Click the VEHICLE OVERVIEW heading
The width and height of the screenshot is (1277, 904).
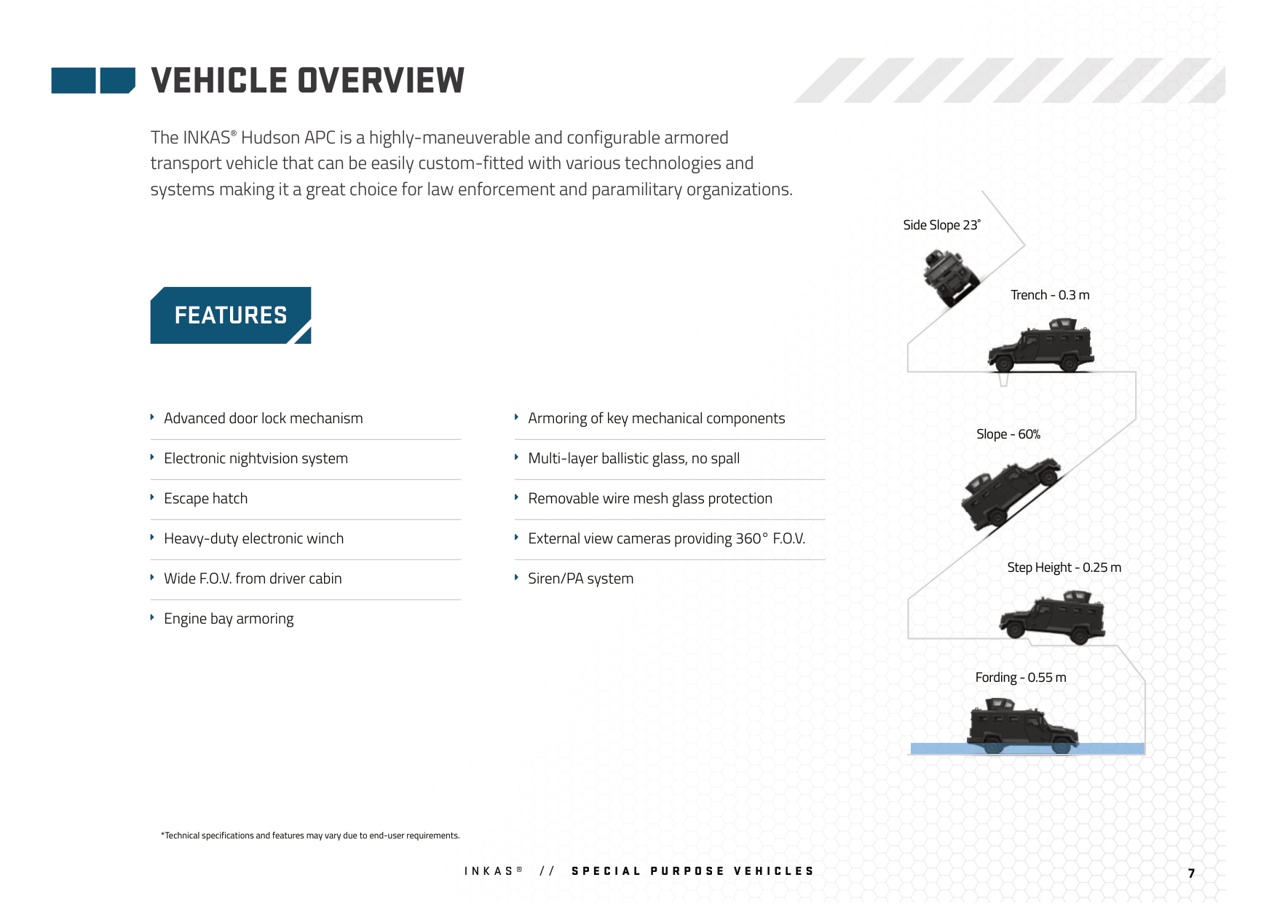click(307, 80)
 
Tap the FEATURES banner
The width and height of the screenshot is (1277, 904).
click(231, 315)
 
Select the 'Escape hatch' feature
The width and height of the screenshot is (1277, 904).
click(205, 498)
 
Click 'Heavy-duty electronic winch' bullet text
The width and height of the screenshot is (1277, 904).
click(253, 538)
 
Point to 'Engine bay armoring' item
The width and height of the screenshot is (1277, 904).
click(229, 618)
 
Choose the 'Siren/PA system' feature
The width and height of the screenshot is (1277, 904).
click(580, 578)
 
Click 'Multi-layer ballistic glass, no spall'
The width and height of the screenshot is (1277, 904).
click(633, 458)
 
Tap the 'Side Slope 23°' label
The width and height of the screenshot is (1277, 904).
click(941, 225)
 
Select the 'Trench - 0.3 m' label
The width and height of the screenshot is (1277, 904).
click(1050, 295)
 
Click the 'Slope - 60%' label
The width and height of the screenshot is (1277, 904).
click(1008, 434)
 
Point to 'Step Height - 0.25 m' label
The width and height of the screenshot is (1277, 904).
click(1064, 567)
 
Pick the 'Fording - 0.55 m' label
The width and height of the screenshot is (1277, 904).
click(1020, 677)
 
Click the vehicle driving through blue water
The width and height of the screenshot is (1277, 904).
click(1021, 727)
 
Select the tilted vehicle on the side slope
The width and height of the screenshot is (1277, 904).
click(949, 277)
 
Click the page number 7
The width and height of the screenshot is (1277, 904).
click(1191, 873)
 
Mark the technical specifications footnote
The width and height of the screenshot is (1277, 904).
click(310, 836)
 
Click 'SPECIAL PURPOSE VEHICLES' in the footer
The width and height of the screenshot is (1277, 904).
click(692, 871)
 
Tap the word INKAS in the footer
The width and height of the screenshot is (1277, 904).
click(489, 871)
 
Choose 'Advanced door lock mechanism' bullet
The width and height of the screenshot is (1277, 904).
click(263, 418)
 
